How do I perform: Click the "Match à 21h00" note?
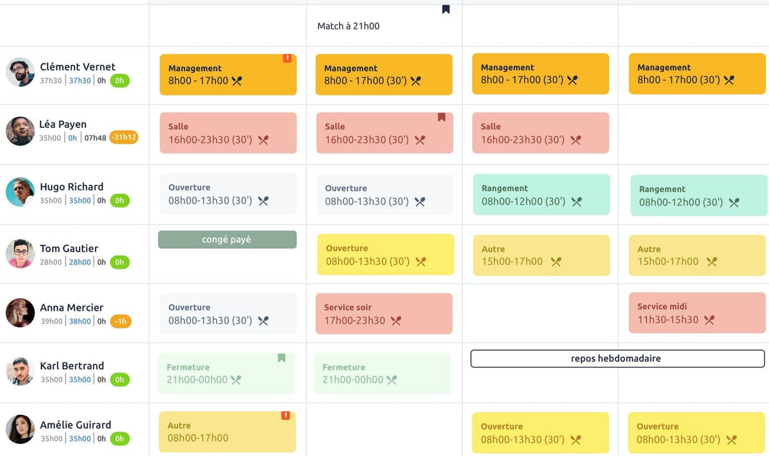(348, 26)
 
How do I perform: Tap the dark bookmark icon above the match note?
(446, 9)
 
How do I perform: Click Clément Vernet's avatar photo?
(20, 72)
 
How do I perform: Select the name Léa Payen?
(63, 124)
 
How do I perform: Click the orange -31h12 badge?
(124, 138)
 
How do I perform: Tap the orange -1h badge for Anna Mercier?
(120, 321)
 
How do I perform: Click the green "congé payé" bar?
(227, 240)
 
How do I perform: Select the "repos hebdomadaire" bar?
(617, 359)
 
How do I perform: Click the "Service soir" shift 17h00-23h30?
(384, 314)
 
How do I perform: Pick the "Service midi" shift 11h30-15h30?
(697, 313)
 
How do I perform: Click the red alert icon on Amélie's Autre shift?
(286, 416)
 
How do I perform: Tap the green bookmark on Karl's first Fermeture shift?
(281, 358)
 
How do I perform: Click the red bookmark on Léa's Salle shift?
(442, 117)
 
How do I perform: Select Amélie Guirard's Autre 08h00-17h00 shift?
(227, 432)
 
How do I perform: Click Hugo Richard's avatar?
(20, 192)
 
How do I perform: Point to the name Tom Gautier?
(69, 248)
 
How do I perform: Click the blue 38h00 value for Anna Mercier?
(80, 321)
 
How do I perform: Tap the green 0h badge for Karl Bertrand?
(120, 380)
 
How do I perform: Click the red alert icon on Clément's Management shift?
(287, 58)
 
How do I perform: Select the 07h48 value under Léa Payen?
(95, 138)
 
